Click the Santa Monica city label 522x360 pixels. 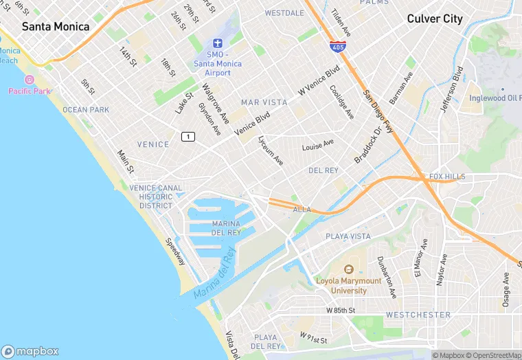56,27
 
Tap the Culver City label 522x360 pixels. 435,19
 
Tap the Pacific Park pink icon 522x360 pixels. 29,80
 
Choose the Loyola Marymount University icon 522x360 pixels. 348,269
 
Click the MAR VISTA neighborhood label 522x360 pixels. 264,102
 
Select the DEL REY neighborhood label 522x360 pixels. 323,170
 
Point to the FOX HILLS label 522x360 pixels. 447,177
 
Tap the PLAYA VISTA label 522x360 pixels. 348,236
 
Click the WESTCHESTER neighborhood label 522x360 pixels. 418,315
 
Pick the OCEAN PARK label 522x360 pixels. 86,110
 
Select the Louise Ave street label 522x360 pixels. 318,146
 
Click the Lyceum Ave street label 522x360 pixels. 270,150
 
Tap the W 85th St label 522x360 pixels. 340,311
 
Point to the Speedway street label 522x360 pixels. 174,251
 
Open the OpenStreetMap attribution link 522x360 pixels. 493,355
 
